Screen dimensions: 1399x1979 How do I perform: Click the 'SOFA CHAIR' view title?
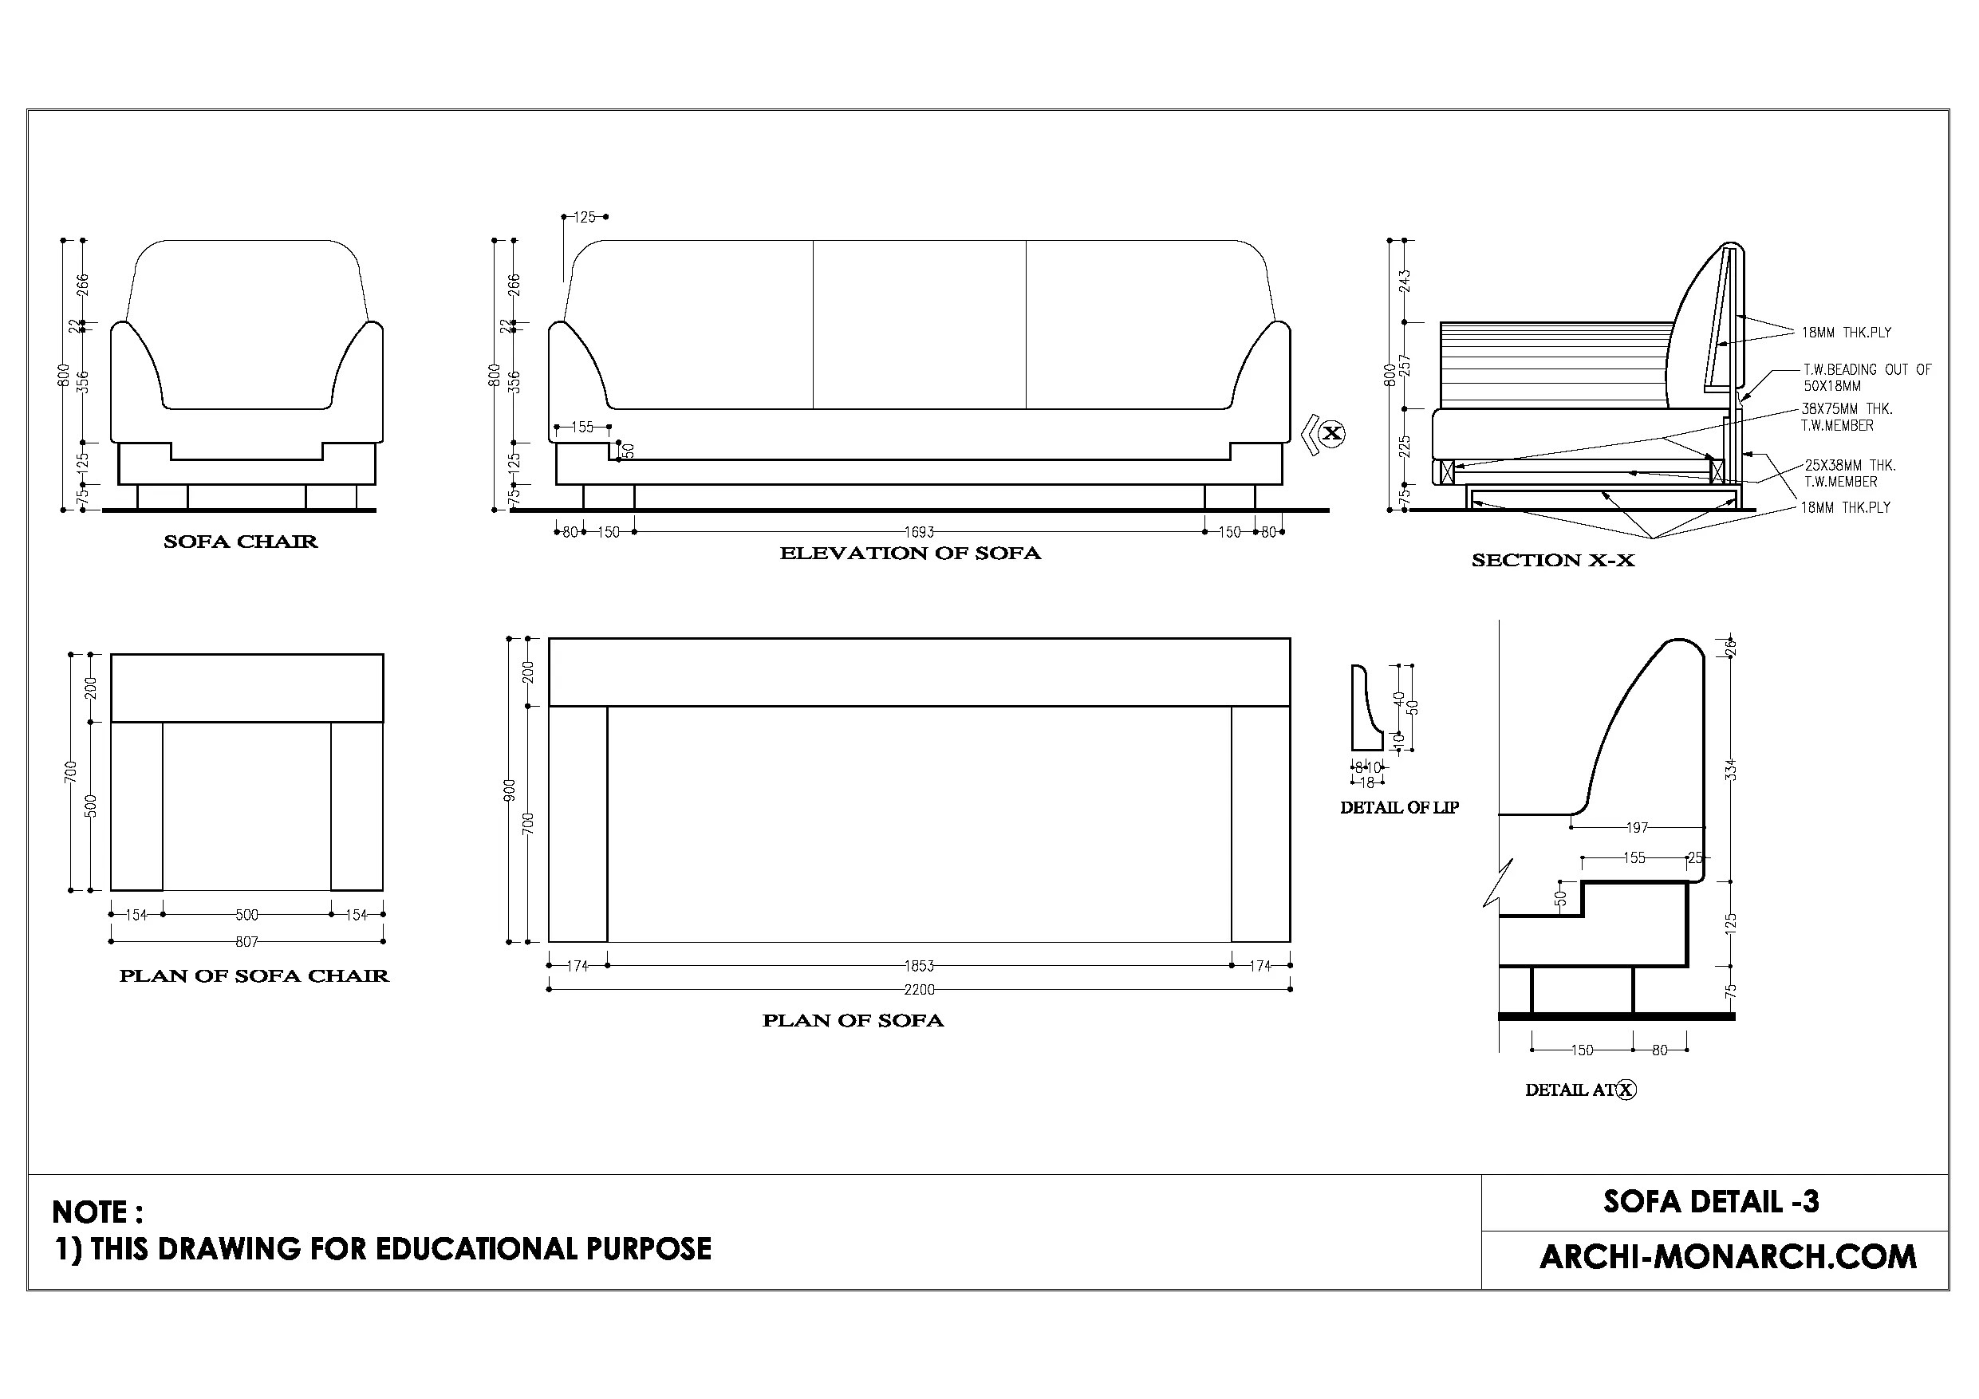coord(240,542)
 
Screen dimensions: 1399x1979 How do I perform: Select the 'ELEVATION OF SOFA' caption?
coord(910,554)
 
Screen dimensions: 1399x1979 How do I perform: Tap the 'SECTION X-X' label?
coord(1552,560)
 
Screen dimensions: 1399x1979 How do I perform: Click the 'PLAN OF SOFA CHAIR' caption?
coord(254,975)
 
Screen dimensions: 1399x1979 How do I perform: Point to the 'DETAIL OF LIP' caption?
coord(1399,808)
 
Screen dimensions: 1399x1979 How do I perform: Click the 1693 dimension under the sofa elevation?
coord(919,533)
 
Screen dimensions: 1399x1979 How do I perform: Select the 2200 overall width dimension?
coord(919,990)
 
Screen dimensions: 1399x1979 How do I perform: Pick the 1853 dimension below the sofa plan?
coord(919,966)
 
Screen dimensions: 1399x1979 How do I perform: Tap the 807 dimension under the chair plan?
coord(246,942)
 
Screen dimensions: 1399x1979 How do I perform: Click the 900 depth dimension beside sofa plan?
coord(510,790)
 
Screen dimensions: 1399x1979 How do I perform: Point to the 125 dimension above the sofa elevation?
coord(585,217)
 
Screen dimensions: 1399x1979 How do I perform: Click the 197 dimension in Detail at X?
coord(1637,827)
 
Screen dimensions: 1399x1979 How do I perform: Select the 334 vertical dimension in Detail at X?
coord(1730,770)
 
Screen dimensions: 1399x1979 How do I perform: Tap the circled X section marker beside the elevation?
coord(1331,433)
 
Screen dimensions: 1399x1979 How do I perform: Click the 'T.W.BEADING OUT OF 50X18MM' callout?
coord(1866,377)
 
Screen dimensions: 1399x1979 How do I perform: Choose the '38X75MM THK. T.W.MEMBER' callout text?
coord(1847,417)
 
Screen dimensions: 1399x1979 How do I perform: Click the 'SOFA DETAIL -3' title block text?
coord(1711,1202)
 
